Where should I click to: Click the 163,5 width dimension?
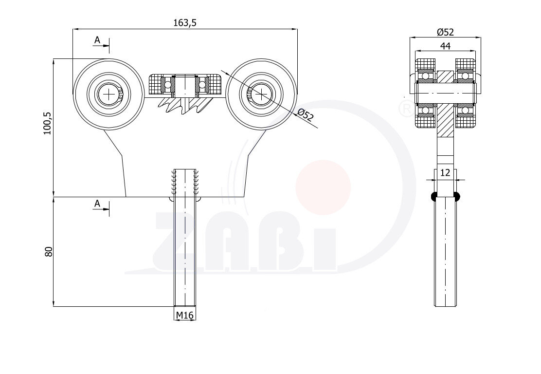pos(184,23)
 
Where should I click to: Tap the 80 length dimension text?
pos(49,251)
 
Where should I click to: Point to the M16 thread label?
pos(184,315)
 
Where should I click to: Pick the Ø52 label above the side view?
pos(445,32)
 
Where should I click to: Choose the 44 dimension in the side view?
pos(446,46)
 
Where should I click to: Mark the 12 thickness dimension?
pos(446,172)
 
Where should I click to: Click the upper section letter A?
pos(97,40)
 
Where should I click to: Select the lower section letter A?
pos(97,204)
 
